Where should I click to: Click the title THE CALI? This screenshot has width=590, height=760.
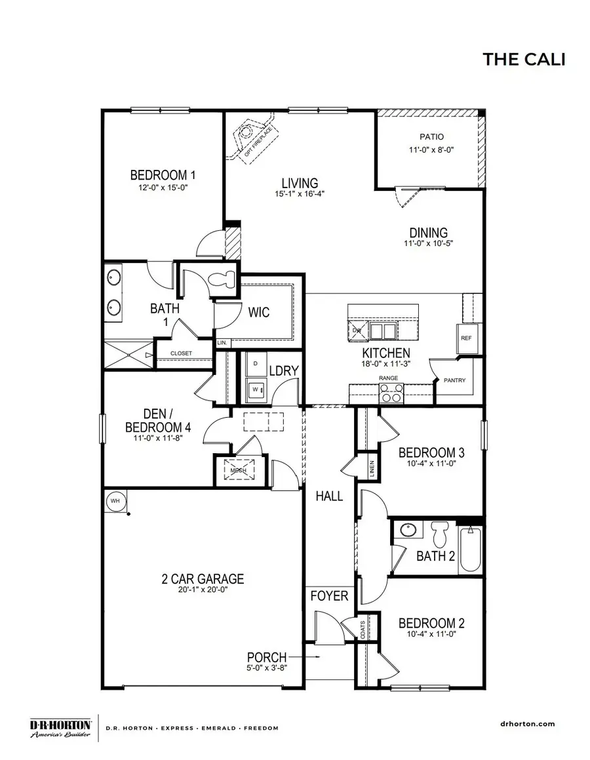tap(524, 59)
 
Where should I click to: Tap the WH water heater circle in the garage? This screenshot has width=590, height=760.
tap(115, 501)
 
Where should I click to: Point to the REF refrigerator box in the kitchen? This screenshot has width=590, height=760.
tap(466, 338)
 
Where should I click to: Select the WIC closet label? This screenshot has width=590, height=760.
tap(259, 313)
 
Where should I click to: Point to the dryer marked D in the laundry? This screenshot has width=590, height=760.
tap(255, 363)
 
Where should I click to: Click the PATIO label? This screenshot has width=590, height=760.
tap(432, 137)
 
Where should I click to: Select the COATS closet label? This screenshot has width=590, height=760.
tap(364, 630)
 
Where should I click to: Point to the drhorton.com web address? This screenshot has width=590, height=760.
tap(522, 724)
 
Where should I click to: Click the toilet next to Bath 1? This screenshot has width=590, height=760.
tap(220, 278)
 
